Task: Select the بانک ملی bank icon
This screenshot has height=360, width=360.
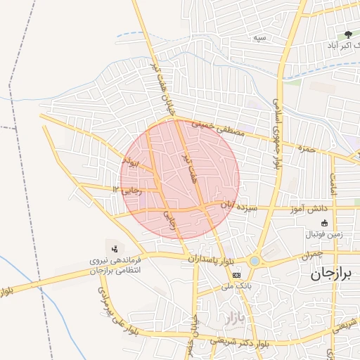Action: (236, 275)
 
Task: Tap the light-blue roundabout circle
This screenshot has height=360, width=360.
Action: (254, 261)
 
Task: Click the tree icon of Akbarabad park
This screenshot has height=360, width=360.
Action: (347, 34)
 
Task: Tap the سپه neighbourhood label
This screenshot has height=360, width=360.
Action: (260, 37)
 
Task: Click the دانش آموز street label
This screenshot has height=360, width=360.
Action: (309, 209)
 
